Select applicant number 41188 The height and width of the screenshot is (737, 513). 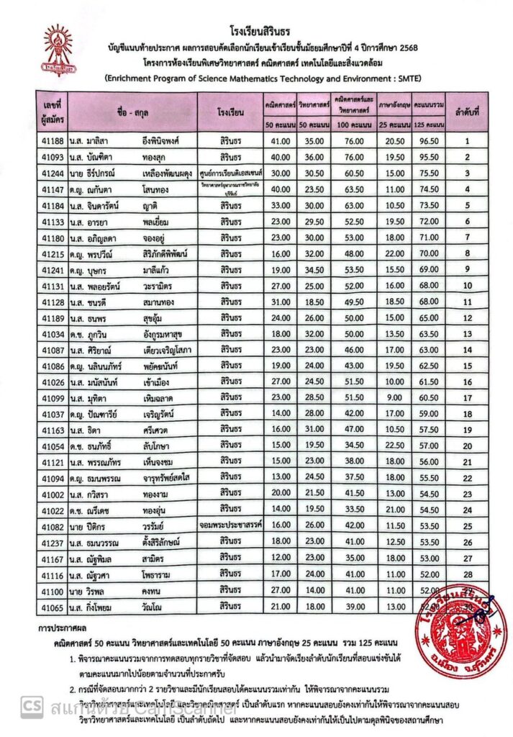[54, 141]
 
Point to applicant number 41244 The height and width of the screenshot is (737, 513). [54, 173]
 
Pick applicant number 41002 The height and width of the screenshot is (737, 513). [54, 493]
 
